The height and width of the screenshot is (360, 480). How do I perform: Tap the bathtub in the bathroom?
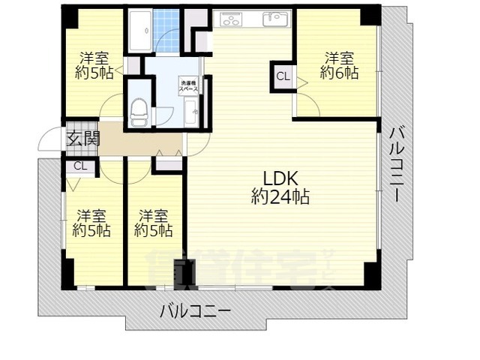[140, 31]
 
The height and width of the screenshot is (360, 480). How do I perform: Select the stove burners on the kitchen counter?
[230, 19]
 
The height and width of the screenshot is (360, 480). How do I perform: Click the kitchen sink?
[274, 19]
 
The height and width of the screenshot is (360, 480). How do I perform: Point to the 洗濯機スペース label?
[188, 85]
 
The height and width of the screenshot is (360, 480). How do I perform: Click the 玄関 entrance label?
[82, 138]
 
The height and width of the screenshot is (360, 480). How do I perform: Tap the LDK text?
[280, 178]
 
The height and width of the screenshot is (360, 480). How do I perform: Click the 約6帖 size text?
[339, 73]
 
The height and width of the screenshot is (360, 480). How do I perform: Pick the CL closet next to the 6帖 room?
[282, 76]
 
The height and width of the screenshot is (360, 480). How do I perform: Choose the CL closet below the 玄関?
[80, 166]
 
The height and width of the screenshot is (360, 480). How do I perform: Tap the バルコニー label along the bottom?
[194, 310]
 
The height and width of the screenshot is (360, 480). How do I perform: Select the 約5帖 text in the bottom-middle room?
[154, 231]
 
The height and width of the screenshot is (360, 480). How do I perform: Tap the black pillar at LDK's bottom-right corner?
[371, 274]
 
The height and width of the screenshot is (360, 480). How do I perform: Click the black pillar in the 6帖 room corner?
[370, 16]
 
